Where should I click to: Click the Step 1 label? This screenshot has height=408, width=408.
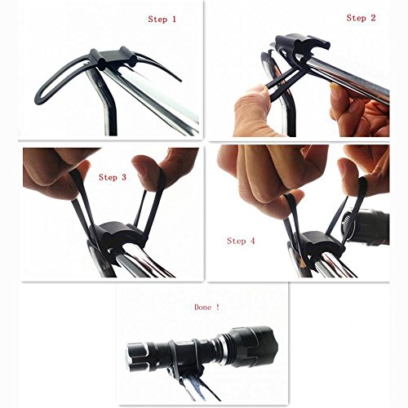pos(162,19)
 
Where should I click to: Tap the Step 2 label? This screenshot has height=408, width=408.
pos(361,18)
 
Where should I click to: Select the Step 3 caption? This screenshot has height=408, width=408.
pos(113,177)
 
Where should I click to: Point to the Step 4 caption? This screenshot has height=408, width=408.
pos(241,241)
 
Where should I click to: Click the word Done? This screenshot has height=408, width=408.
pos(203,308)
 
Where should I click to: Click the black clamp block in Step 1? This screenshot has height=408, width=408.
pos(113,58)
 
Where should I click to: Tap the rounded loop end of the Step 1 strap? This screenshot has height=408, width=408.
pos(40,96)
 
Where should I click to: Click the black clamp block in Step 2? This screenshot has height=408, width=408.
pos(302,47)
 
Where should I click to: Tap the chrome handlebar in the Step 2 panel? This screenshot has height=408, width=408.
pos(351,75)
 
